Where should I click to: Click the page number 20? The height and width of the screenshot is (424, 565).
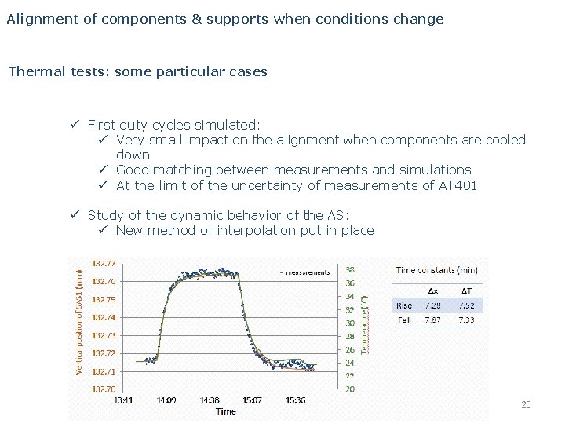pyautogui.click(x=526, y=404)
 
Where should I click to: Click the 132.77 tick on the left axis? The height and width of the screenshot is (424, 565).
pyautogui.click(x=104, y=263)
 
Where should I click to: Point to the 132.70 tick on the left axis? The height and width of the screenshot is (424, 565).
pyautogui.click(x=104, y=389)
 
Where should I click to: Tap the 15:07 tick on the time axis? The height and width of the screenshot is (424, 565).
pyautogui.click(x=253, y=400)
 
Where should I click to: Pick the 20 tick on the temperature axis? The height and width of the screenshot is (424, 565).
pyautogui.click(x=349, y=389)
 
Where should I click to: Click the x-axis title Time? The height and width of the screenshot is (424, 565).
pyautogui.click(x=225, y=411)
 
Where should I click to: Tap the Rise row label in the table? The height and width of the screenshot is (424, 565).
pyautogui.click(x=405, y=305)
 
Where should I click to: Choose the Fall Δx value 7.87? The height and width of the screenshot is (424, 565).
pyautogui.click(x=433, y=320)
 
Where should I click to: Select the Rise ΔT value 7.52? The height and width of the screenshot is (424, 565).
pyautogui.click(x=466, y=305)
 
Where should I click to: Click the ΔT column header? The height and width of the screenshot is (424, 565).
pyautogui.click(x=466, y=290)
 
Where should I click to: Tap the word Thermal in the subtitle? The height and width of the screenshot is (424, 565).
pyautogui.click(x=33, y=71)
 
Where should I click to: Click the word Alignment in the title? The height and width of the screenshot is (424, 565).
pyautogui.click(x=38, y=18)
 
